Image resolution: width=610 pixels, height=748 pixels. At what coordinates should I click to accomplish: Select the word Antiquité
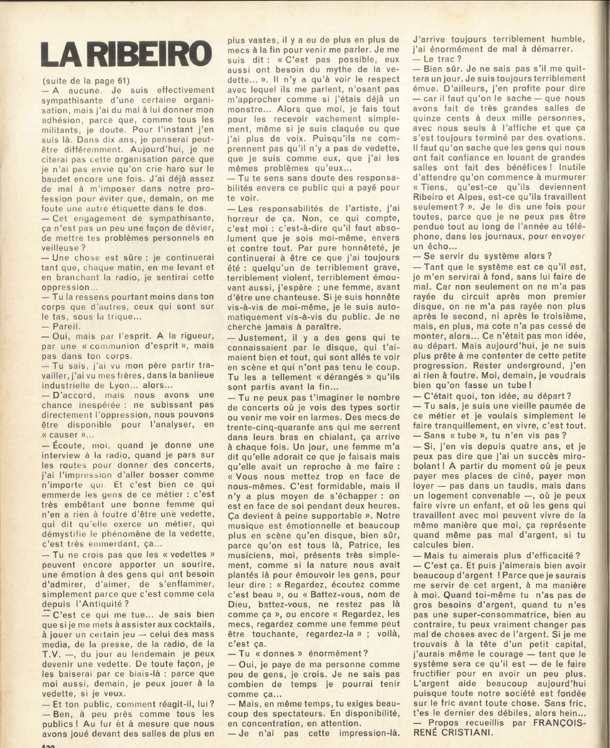tap(104, 604)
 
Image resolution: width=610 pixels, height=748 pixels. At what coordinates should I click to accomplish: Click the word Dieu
tap(239, 604)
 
